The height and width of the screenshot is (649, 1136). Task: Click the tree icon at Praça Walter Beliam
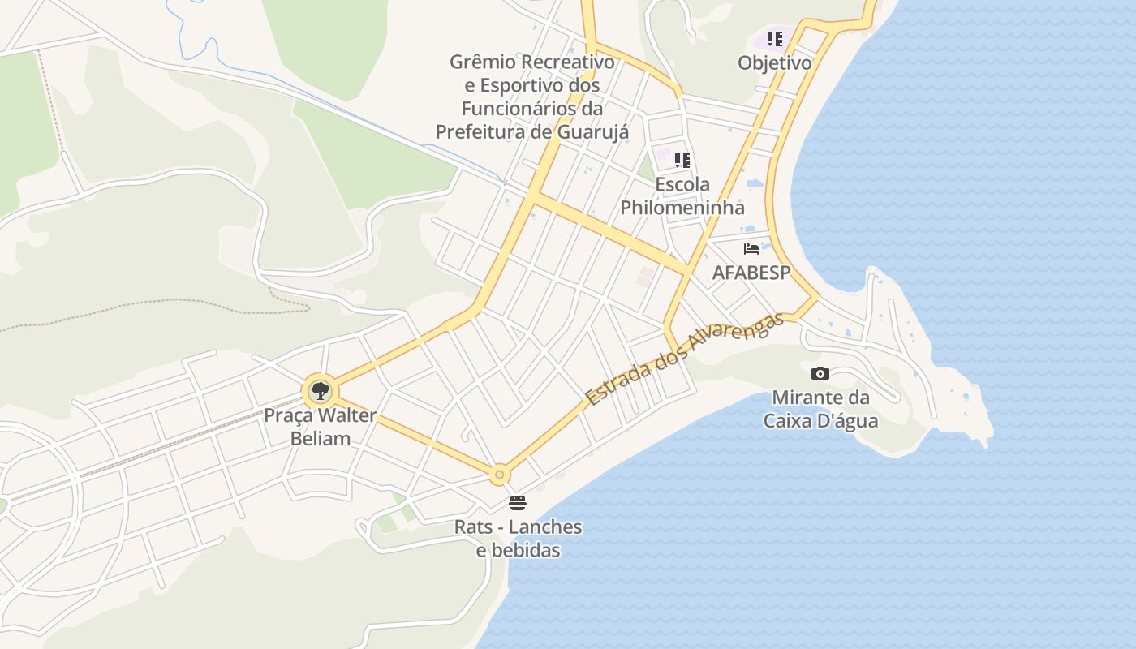coord(321,391)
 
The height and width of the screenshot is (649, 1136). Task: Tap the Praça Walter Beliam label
coord(320,427)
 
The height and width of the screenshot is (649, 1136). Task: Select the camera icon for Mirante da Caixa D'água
coord(820,373)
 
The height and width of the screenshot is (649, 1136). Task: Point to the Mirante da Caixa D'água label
coord(820,409)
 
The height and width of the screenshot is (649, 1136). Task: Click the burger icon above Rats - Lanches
coord(518,503)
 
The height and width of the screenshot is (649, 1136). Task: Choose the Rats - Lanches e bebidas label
coord(518,538)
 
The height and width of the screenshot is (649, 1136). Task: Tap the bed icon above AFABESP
coord(751,248)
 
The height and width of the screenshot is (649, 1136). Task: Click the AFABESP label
coord(751,273)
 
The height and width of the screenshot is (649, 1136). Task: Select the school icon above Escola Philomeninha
coord(682,160)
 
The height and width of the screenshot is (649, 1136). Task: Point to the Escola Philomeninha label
coord(682,196)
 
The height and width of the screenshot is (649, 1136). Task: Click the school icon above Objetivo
coord(775,38)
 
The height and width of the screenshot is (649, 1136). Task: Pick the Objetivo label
coord(775,62)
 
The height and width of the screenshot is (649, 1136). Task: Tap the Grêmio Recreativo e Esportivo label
coord(532,97)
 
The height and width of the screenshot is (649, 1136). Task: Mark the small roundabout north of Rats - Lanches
coord(500,475)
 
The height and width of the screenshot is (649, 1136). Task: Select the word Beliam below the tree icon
coord(320,439)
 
